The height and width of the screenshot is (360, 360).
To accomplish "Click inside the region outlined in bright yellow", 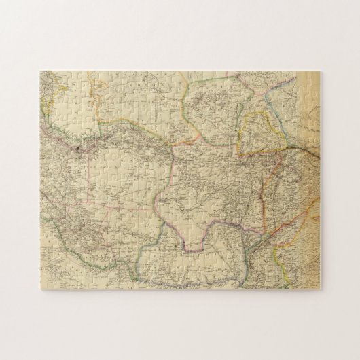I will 257,132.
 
